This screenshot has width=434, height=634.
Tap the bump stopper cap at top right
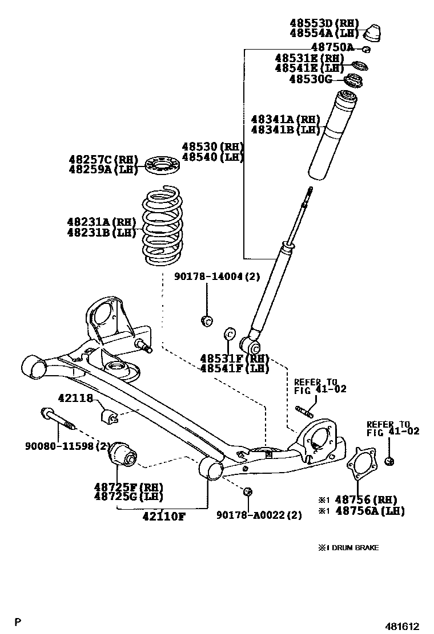[372, 32]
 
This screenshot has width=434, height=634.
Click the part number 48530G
[310, 79]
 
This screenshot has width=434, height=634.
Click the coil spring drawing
[162, 226]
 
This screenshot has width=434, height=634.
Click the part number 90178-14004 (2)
[217, 277]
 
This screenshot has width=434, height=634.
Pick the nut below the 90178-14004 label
[208, 320]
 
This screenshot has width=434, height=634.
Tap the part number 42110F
[163, 516]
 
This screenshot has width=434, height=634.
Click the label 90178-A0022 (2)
[259, 515]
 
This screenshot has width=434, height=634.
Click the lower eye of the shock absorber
[251, 345]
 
